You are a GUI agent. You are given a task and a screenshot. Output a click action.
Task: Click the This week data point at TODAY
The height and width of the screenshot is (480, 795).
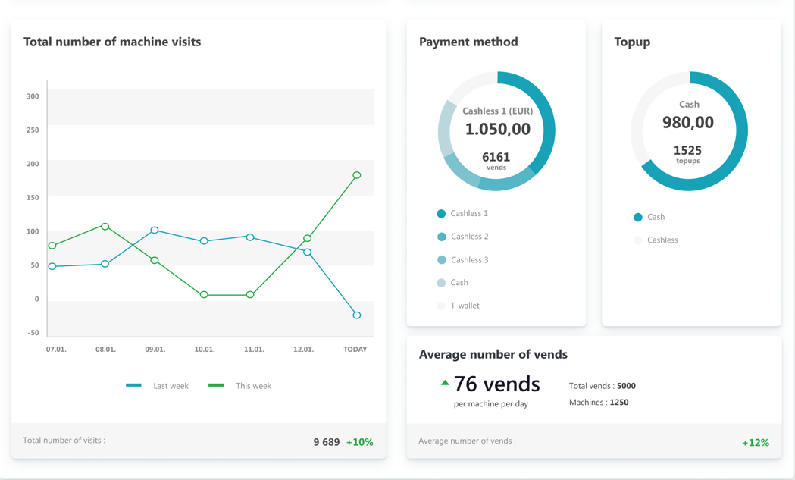point(357,175)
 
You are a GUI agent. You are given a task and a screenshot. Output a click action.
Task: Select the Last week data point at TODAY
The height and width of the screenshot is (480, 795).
point(357,315)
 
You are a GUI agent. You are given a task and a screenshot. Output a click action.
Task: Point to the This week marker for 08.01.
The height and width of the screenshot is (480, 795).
point(105,227)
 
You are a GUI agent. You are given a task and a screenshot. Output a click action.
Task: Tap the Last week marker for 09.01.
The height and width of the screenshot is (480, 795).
point(155,230)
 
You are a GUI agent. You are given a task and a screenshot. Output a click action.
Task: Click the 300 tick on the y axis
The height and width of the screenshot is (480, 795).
point(33,96)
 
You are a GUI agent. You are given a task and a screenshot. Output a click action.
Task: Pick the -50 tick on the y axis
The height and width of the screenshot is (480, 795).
point(33,333)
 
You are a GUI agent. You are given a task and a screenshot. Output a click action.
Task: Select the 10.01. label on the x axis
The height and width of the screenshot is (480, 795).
point(205,350)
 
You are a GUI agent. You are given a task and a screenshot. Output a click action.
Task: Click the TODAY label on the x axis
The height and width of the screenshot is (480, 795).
point(355,350)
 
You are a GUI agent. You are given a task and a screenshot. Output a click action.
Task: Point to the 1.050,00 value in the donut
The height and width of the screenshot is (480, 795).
point(497,129)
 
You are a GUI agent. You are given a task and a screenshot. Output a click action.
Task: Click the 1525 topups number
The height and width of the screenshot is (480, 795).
point(687,150)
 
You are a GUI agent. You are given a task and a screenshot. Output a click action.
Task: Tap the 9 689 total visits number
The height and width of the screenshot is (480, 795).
point(327,442)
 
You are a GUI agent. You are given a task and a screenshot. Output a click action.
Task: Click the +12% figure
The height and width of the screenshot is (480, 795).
point(756,443)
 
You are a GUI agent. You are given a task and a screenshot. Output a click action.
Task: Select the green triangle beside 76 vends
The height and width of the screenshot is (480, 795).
point(445,383)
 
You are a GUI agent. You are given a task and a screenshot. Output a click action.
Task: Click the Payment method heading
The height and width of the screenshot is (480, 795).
point(468,42)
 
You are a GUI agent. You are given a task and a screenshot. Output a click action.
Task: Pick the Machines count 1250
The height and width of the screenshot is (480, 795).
point(619,403)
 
